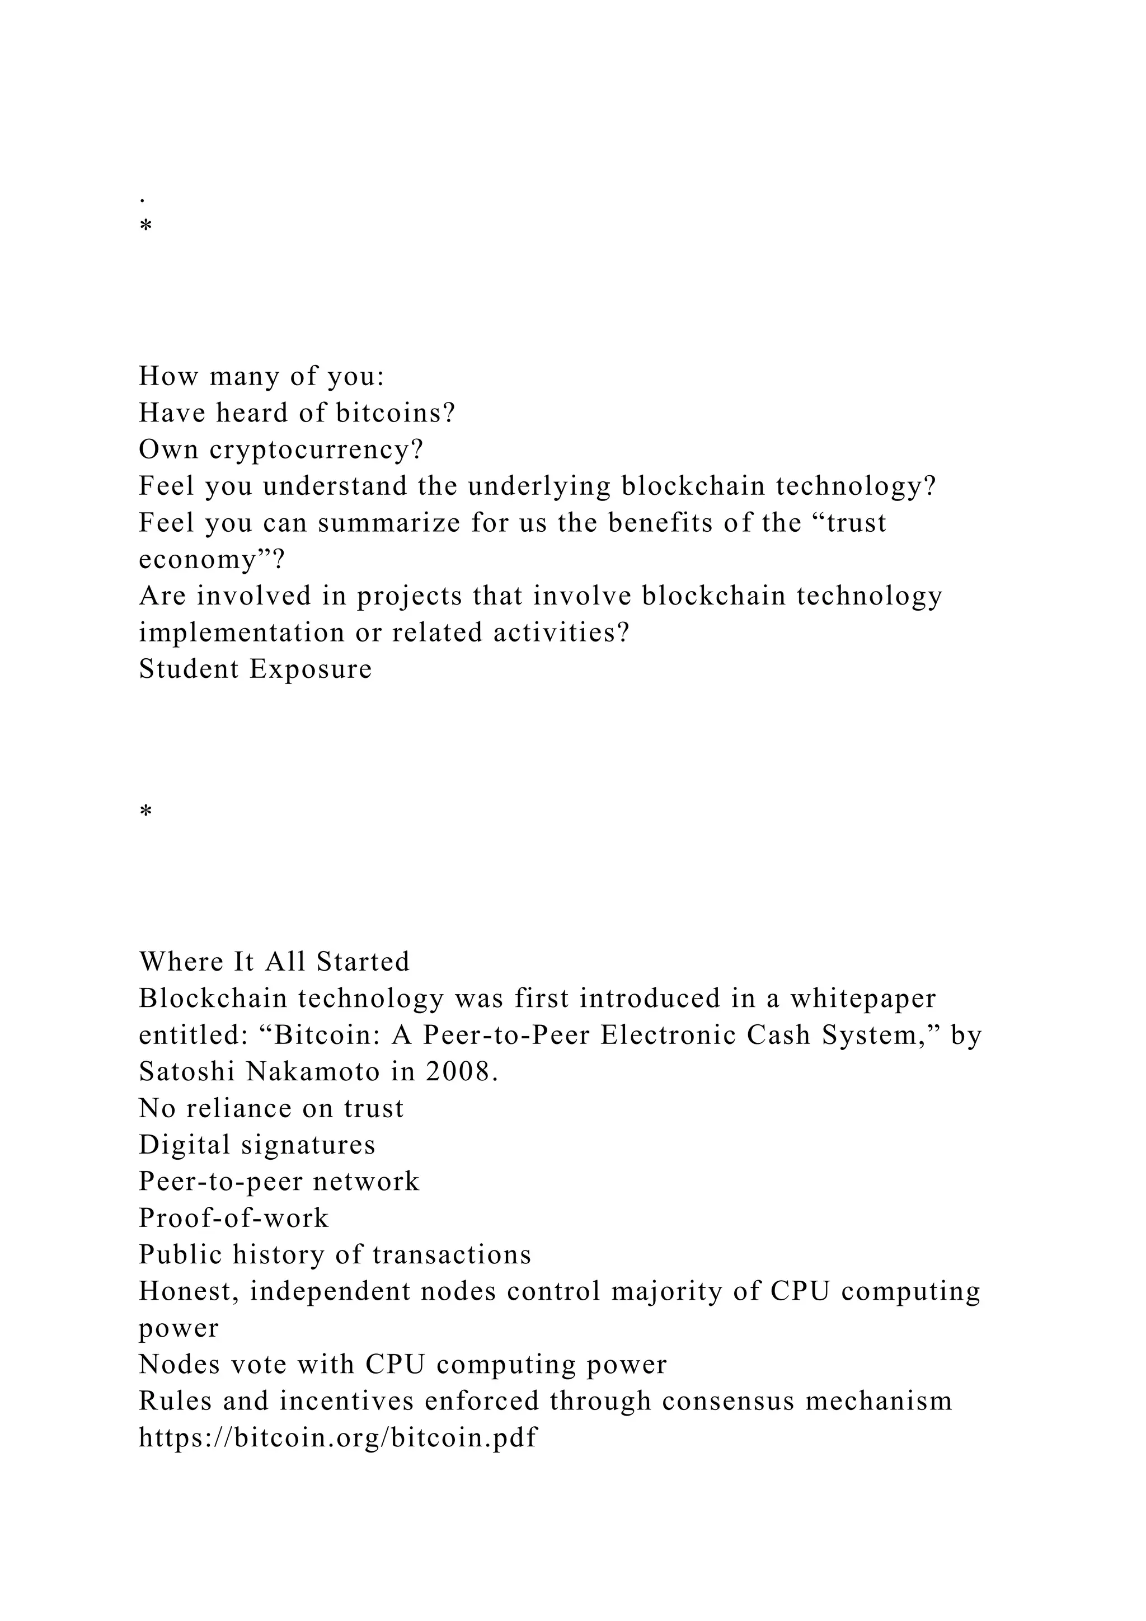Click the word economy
[205, 560]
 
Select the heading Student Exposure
[256, 669]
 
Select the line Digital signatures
[257, 1145]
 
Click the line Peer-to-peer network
[279, 1182]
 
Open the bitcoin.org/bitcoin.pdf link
[339, 1438]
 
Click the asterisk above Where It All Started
[146, 813]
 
